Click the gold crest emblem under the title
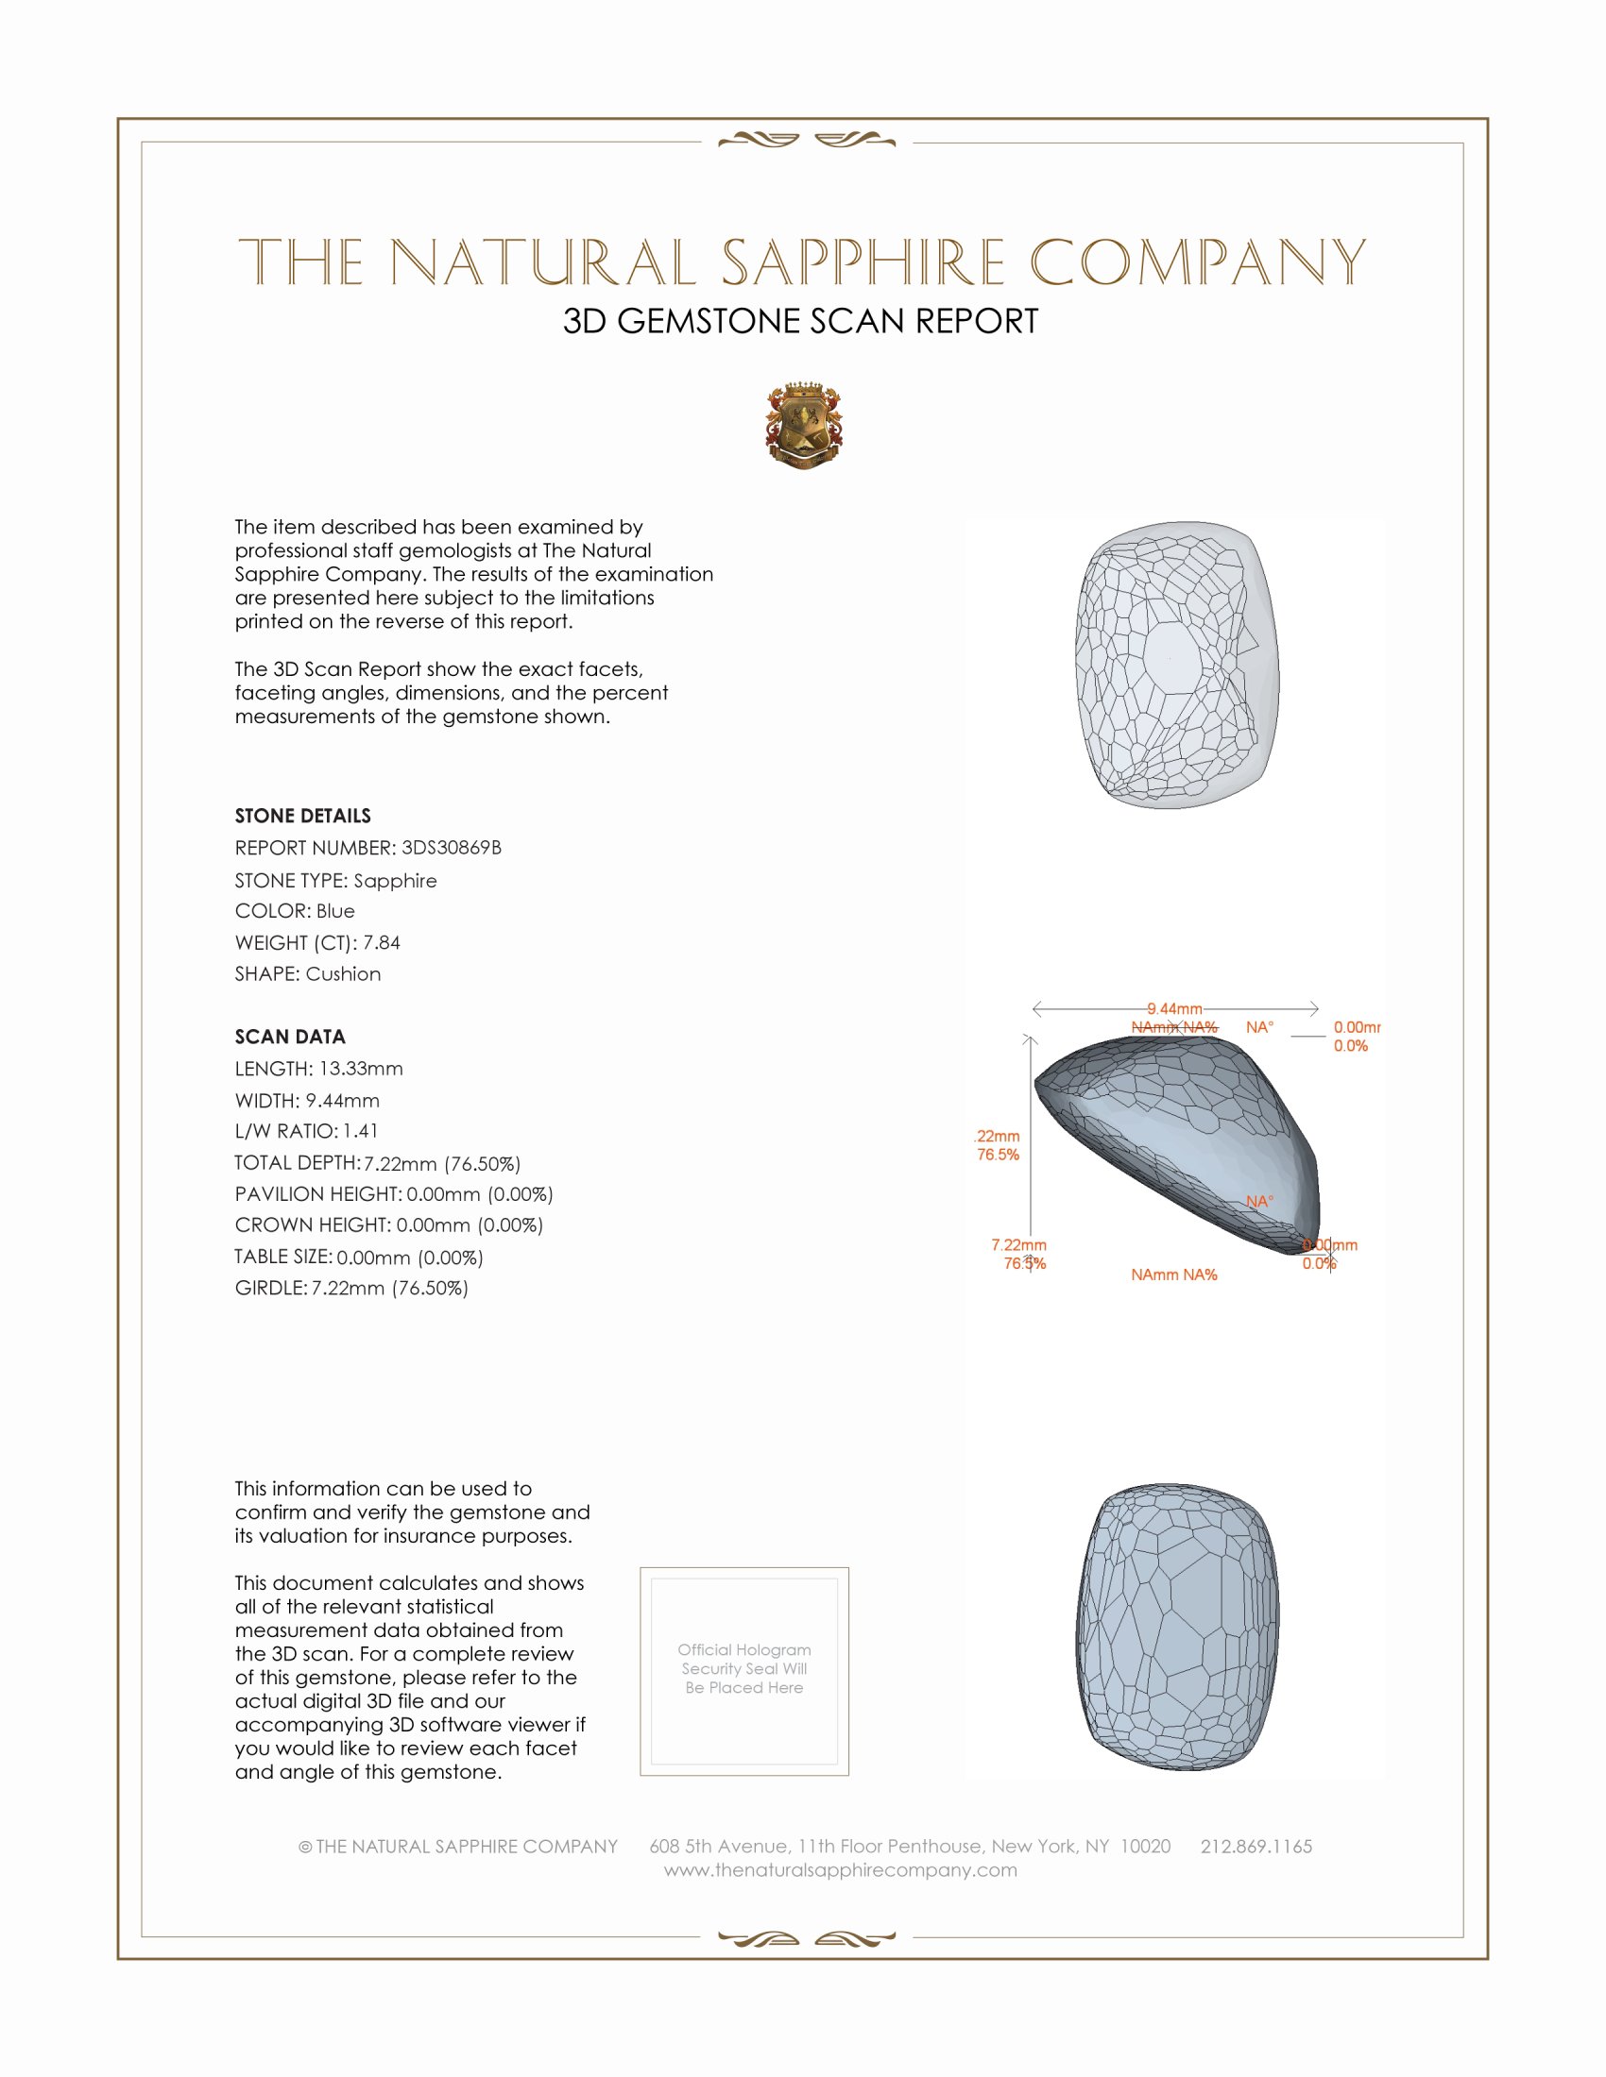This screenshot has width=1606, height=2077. coord(804,426)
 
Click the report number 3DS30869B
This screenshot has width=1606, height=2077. coord(451,848)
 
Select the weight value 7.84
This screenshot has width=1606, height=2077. coord(382,942)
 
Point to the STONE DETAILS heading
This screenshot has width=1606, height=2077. coord(302,816)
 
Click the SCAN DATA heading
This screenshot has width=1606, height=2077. coord(290,1037)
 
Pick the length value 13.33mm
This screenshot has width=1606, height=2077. coord(361,1068)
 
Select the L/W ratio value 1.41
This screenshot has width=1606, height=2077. coord(361,1131)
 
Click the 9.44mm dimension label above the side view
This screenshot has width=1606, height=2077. coord(1174,1008)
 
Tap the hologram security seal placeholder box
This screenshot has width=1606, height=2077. coord(744,1671)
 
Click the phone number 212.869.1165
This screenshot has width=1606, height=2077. coord(1256,1846)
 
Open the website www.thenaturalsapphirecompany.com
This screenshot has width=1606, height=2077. coord(840,1869)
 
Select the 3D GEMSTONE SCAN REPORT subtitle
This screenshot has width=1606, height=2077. coord(800,321)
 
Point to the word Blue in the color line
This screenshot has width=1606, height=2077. coord(335,911)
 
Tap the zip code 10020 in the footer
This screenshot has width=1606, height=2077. coord(1146,1846)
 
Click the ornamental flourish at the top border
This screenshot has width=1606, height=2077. coord(807,141)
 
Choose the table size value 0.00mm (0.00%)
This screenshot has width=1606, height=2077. coord(410,1258)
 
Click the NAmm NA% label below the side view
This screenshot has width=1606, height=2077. coord(1174,1275)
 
